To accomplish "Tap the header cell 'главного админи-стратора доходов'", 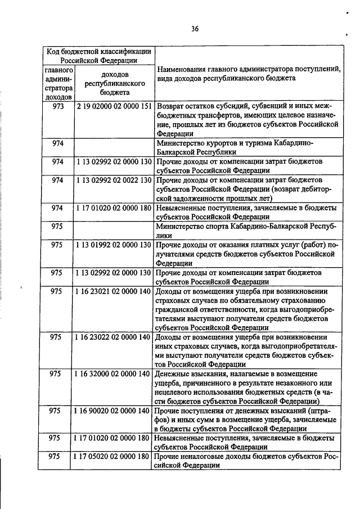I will [x=58, y=83].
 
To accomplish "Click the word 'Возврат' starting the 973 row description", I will [x=171, y=106].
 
